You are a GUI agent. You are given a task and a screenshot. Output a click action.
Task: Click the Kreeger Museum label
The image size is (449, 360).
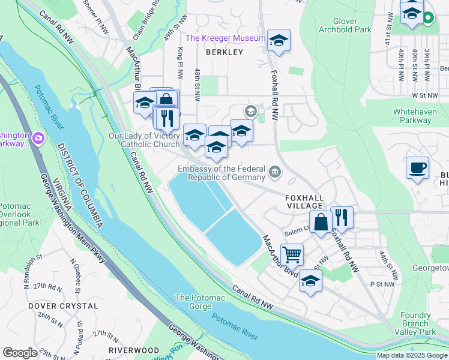point(225,38)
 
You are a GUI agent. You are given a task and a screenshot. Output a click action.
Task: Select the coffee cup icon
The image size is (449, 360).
point(417,167)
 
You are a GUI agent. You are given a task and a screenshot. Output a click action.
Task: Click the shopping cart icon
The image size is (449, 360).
point(292,254)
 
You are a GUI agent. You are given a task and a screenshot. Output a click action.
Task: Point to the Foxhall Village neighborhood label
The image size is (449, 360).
point(305,202)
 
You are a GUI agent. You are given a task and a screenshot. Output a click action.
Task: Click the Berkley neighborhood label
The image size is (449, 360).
point(224,52)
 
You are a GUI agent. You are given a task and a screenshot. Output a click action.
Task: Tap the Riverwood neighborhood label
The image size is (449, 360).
point(133,350)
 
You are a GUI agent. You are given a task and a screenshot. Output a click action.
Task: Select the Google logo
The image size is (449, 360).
point(20,353)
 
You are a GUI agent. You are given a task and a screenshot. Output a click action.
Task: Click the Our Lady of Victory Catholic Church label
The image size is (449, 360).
point(144,140)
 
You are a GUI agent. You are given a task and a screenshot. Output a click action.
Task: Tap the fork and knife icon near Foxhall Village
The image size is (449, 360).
point(341,217)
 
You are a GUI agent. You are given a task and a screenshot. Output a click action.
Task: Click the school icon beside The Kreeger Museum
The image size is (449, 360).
point(278,40)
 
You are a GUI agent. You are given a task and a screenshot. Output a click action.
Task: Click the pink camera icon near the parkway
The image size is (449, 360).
point(39,139)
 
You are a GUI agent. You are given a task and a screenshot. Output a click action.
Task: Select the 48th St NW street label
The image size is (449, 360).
point(197,85)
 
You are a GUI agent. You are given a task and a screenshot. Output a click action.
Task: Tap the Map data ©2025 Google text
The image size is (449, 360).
point(411,355)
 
